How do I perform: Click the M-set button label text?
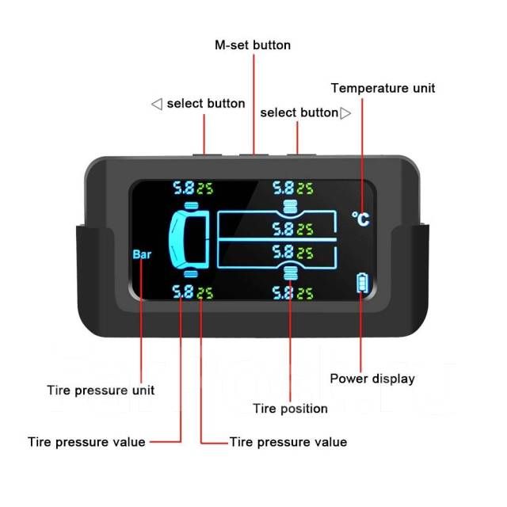[x=253, y=45]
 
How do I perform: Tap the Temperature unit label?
[x=383, y=88]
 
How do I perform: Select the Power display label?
[x=372, y=379]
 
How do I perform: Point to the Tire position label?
[x=290, y=409]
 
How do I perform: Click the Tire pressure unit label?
[x=101, y=391]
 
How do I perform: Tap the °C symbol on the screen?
[x=360, y=219]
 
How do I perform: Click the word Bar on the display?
[x=142, y=254]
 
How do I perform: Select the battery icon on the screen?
[x=362, y=284]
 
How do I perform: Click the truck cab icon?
[x=189, y=239]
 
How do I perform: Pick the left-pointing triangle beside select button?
[x=157, y=104]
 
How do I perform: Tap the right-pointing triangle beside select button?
[x=345, y=113]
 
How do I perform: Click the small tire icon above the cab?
[x=191, y=206]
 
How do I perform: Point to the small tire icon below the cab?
[x=191, y=274]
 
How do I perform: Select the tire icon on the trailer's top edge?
[x=290, y=207]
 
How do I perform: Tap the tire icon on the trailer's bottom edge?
[x=290, y=273]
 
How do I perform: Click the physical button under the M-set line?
[x=253, y=155]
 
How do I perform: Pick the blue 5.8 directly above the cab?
[x=184, y=188]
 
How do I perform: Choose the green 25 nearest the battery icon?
[x=305, y=294]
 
